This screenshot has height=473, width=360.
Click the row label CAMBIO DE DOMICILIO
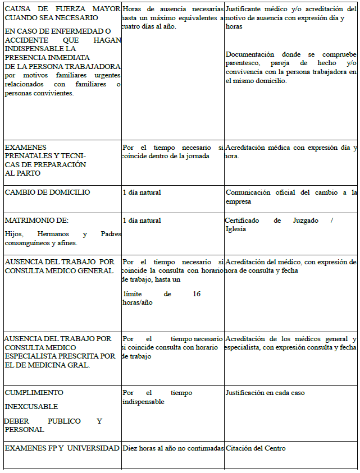click(x=47, y=192)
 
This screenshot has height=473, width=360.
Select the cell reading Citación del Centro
click(x=255, y=448)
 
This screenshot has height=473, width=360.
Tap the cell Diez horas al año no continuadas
click(x=172, y=448)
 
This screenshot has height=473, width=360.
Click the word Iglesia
click(x=236, y=229)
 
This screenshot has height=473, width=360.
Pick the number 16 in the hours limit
click(x=196, y=293)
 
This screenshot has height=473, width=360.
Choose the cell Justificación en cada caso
click(x=265, y=393)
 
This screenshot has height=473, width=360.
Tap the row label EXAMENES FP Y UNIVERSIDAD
click(x=62, y=448)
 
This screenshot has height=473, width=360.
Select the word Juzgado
click(x=306, y=221)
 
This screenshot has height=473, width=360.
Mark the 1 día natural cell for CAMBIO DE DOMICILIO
click(x=142, y=192)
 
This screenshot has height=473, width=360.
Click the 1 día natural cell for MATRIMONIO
click(x=142, y=221)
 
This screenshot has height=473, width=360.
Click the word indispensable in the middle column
click(x=143, y=402)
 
